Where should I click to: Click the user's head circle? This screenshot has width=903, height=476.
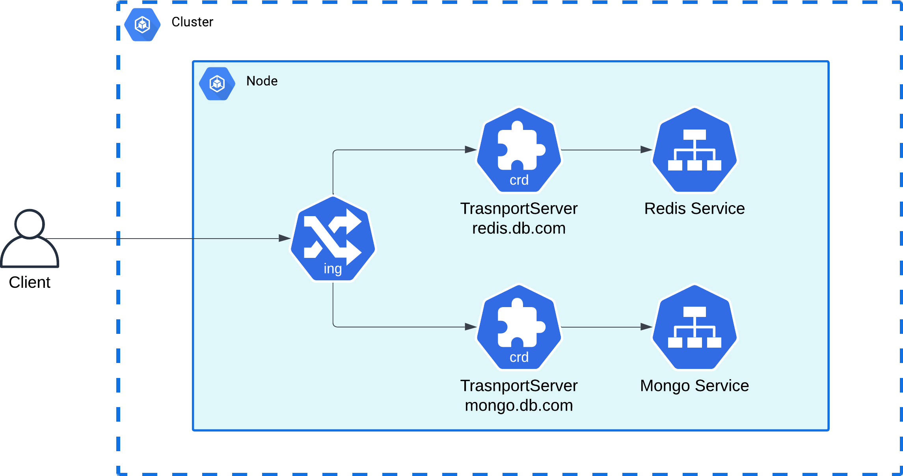tap(30, 224)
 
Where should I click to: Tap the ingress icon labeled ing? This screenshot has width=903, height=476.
tap(333, 239)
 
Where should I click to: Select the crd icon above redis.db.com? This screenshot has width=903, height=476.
tap(519, 150)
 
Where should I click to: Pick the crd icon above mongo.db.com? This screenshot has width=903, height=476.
tap(519, 327)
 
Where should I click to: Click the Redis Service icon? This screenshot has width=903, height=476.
tap(694, 150)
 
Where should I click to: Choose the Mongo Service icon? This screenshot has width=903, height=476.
tap(694, 327)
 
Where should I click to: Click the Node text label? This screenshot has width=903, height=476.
tap(262, 81)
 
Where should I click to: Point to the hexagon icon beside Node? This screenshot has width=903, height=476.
tap(217, 83)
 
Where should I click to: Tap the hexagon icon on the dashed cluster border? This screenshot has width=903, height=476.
tap(142, 25)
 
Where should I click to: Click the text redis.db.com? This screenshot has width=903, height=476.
tap(519, 228)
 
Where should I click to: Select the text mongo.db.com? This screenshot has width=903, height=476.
tap(519, 406)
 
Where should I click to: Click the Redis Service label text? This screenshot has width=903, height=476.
tap(694, 209)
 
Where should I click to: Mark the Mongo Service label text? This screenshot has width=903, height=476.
tap(694, 386)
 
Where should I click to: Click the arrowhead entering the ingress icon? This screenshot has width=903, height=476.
tap(285, 238)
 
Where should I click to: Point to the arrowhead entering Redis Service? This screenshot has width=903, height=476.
tap(646, 150)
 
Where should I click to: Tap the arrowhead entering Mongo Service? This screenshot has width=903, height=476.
tap(646, 327)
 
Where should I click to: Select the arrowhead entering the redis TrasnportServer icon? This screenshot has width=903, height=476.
tap(471, 150)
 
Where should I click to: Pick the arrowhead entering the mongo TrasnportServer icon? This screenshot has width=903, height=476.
tap(471, 327)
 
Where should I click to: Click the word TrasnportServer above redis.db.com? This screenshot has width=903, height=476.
tap(519, 209)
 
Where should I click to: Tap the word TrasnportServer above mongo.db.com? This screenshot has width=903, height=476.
tap(519, 386)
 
